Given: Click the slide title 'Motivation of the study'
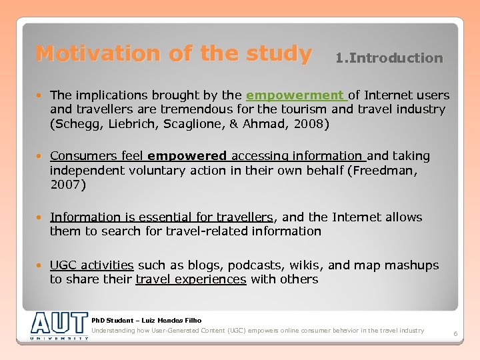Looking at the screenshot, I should (x=173, y=53).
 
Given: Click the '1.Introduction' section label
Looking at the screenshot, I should (x=389, y=58).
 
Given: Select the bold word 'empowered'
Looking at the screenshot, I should (x=187, y=156).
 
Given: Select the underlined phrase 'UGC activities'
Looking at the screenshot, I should (x=92, y=265).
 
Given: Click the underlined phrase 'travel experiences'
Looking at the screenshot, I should (x=191, y=279).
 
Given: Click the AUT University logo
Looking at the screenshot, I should (x=59, y=325).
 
